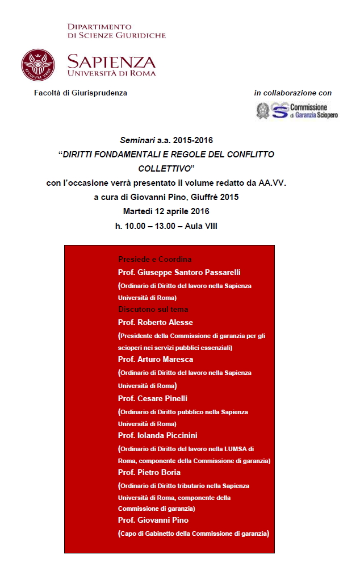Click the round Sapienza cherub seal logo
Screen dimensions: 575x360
pyautogui.click(x=38, y=65)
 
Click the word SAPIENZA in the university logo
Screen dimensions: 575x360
pyautogui.click(x=111, y=61)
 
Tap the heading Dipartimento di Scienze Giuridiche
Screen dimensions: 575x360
pyautogui.click(x=116, y=31)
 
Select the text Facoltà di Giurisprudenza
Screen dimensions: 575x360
pyautogui.click(x=81, y=93)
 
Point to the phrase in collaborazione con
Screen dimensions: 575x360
pyautogui.click(x=293, y=93)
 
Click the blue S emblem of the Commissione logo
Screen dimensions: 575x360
pyautogui.click(x=279, y=110)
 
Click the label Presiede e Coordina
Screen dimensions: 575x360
pyautogui.click(x=154, y=260)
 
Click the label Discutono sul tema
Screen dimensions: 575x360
pyautogui.click(x=153, y=310)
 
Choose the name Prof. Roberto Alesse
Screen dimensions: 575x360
pyautogui.click(x=156, y=323)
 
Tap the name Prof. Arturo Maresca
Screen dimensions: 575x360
pyautogui.click(x=156, y=360)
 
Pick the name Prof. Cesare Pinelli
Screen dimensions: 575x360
pyautogui.click(x=153, y=398)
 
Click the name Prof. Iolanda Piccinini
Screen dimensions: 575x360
pyautogui.click(x=158, y=435)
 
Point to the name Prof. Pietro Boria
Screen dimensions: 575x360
pyautogui.click(x=149, y=473)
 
